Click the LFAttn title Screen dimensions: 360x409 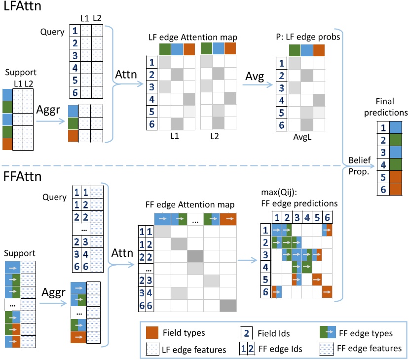22,8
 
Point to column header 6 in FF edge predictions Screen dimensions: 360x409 326,216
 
